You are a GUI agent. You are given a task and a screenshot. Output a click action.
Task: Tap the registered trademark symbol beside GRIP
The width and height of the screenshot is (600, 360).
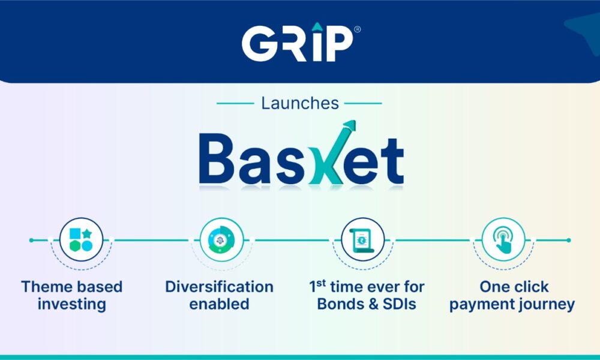click(357, 29)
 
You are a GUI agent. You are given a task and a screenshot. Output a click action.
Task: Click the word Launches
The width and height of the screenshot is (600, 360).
click(300, 103)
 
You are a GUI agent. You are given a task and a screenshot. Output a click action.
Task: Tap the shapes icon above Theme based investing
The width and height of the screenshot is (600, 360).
click(81, 239)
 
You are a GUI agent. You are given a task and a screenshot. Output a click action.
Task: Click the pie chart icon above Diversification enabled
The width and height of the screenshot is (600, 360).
click(221, 239)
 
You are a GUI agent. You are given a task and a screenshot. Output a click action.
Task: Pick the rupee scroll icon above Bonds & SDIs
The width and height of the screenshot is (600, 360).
click(362, 239)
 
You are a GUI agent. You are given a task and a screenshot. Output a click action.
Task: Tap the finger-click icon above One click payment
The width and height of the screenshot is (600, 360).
click(503, 239)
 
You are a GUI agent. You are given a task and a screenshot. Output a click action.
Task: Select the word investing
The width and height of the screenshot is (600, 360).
click(71, 305)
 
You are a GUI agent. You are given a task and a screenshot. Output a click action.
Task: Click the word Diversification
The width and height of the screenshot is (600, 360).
click(219, 287)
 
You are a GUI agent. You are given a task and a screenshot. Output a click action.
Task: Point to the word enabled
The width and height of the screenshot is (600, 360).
click(219, 304)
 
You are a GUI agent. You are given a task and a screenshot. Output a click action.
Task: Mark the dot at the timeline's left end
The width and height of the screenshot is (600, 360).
click(31, 240)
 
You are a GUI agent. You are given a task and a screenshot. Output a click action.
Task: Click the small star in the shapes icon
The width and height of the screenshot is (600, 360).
click(87, 233)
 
